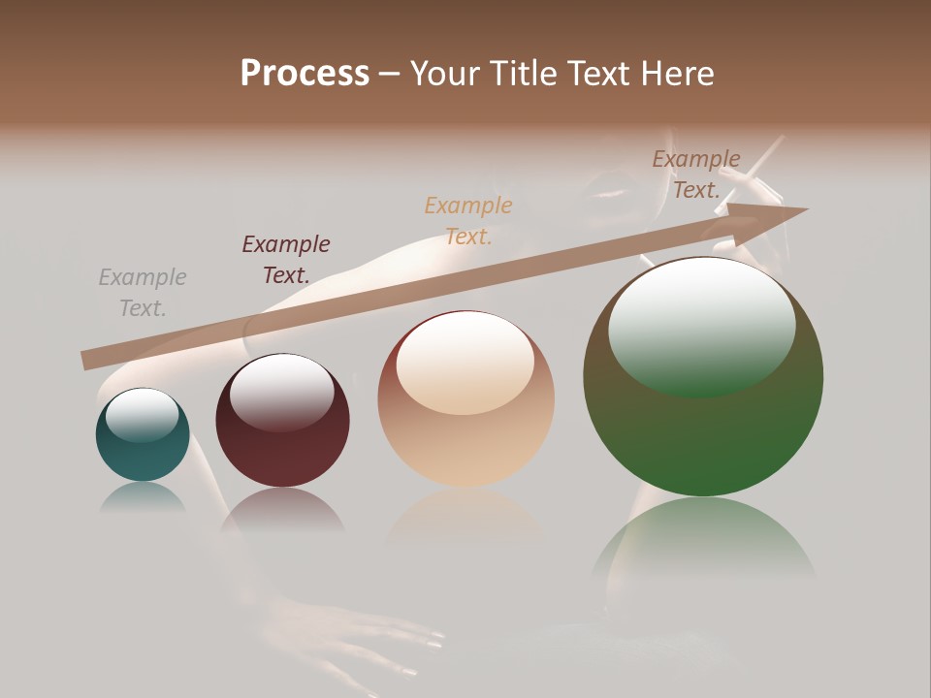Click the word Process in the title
pyautogui.click(x=305, y=74)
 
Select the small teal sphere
pyautogui.click(x=143, y=435)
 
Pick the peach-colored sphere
pyautogui.click(x=465, y=398)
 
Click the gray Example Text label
pyautogui.click(x=143, y=293)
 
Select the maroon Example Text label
pyautogui.click(x=286, y=260)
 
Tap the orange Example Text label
pyautogui.click(x=468, y=220)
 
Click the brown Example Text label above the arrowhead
pyautogui.click(x=696, y=174)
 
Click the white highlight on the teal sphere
pyautogui.click(x=143, y=415)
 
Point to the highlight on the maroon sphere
pyautogui.click(x=281, y=391)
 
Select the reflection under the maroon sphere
pyautogui.click(x=282, y=510)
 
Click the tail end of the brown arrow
pyautogui.click(x=89, y=360)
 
